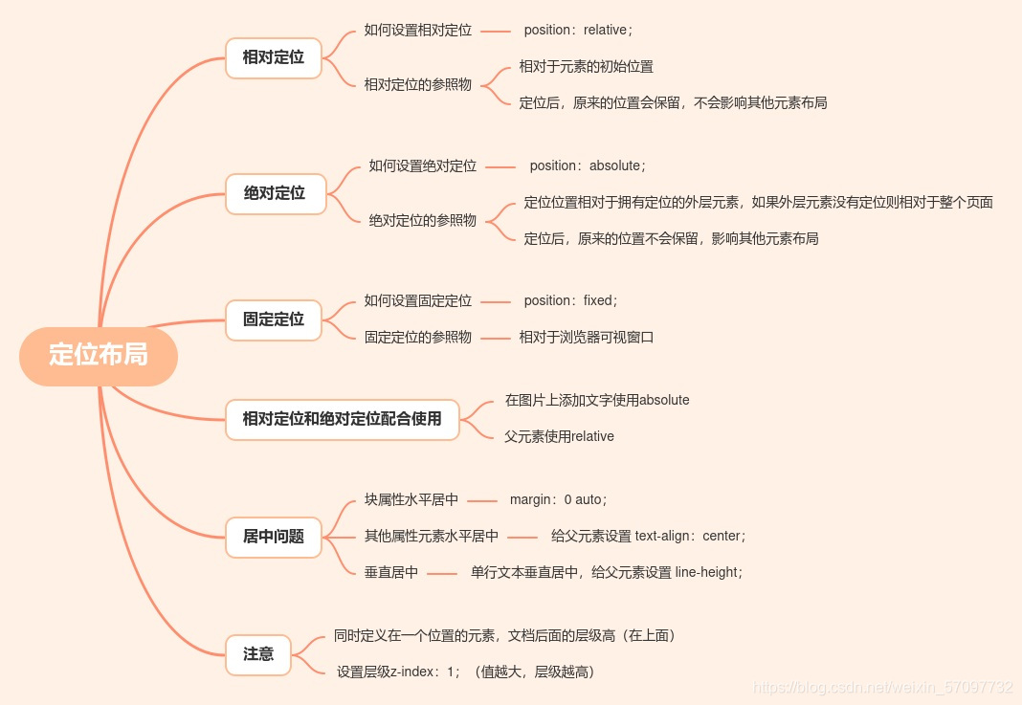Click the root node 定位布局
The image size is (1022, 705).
(x=99, y=356)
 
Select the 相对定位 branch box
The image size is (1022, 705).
(x=274, y=57)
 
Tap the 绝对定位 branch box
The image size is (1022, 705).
(x=275, y=193)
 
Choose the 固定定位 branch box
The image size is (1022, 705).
(x=274, y=319)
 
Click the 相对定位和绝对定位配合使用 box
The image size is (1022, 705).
(x=342, y=419)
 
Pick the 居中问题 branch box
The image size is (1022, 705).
(x=274, y=537)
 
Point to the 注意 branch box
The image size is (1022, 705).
(x=258, y=654)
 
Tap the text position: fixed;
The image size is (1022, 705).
(x=570, y=301)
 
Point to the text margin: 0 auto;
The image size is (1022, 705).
(x=558, y=499)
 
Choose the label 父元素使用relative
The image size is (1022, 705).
(x=559, y=437)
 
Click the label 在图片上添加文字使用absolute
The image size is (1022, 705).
(x=597, y=401)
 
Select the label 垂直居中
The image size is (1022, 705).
(x=391, y=573)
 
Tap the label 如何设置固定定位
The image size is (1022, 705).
(x=418, y=301)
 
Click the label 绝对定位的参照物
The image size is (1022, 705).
(x=423, y=221)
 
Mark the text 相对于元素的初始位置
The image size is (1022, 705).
(x=586, y=67)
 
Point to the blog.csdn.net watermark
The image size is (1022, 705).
(x=882, y=688)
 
